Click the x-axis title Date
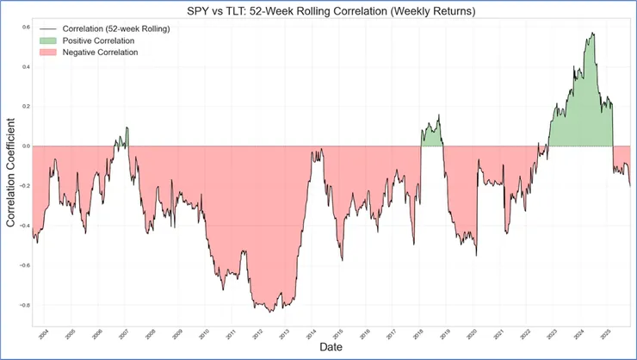click(329, 347)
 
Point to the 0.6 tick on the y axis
click(25, 28)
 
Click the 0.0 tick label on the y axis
click(25, 146)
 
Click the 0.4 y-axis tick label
click(25, 67)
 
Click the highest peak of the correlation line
click(593, 33)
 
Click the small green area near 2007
click(123, 138)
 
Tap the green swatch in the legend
click(46, 40)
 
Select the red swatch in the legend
click(46, 53)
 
